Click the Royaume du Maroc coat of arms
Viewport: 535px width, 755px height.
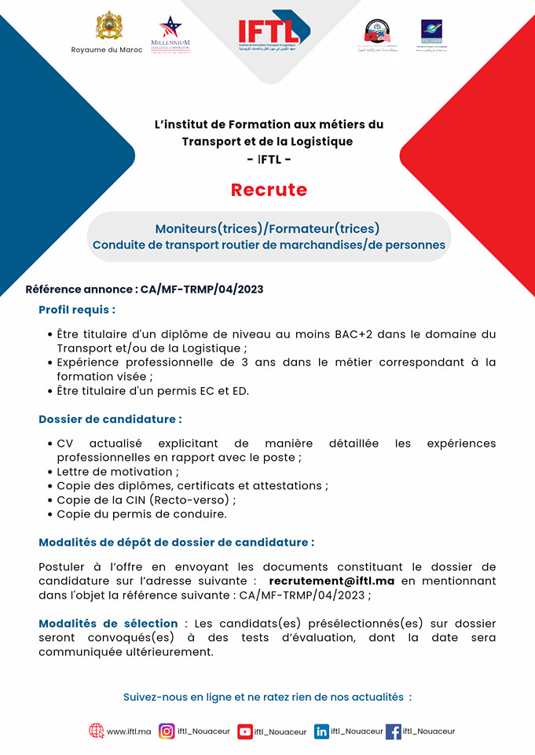click(x=108, y=25)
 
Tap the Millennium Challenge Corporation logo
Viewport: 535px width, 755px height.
click(x=170, y=35)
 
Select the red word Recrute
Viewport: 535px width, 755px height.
click(x=269, y=190)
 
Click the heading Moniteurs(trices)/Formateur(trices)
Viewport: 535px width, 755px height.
click(x=267, y=229)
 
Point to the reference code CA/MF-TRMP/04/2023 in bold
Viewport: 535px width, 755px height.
click(x=202, y=289)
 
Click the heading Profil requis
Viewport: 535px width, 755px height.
click(x=77, y=310)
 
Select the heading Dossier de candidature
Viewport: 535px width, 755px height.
click(x=110, y=419)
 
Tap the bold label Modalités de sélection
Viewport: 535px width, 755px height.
click(x=108, y=624)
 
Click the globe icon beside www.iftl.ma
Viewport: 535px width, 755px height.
click(x=97, y=731)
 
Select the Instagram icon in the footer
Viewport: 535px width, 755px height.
click(x=167, y=731)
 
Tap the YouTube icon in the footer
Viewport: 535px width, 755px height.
click(x=245, y=731)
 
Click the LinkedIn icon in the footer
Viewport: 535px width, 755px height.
click(x=321, y=731)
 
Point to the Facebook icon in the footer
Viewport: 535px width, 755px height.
click(x=393, y=731)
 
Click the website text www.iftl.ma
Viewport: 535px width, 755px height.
click(x=129, y=731)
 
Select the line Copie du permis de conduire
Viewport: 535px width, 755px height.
click(x=141, y=514)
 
